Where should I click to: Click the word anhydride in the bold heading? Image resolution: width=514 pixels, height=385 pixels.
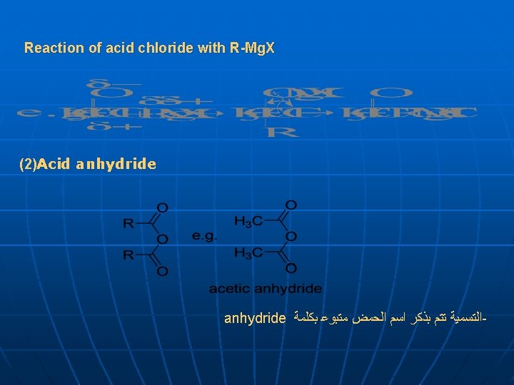pos(116,165)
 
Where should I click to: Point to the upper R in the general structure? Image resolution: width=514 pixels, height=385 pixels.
pos(128,224)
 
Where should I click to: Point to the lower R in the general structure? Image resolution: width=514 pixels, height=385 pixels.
pos(128,255)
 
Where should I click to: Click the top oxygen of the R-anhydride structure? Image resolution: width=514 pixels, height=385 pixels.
pos(162,208)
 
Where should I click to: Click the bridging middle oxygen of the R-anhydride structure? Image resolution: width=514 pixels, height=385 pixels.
pos(162,240)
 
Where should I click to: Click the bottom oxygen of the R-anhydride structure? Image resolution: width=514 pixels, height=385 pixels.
pos(162,271)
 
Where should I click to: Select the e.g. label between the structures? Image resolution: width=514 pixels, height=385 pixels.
pos(204,235)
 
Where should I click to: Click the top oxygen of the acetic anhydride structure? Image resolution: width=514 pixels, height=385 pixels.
pos(291,205)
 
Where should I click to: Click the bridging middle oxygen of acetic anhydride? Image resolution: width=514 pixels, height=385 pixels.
pos(291,237)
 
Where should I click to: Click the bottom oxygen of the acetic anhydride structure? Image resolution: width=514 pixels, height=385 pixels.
pos(291,268)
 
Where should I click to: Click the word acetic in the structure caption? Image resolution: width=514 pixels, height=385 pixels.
pos(227,289)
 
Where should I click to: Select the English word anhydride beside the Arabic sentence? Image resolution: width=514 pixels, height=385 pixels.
pos(255,317)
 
